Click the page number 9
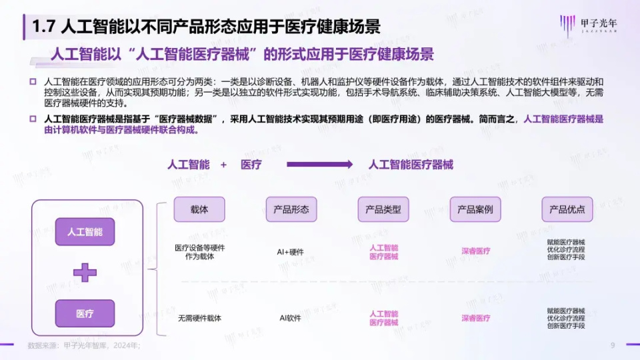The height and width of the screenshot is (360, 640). (x=613, y=345)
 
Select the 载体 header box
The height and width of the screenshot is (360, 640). (x=199, y=209)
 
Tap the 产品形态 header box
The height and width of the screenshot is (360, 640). (x=291, y=209)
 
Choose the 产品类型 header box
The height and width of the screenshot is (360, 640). (x=383, y=209)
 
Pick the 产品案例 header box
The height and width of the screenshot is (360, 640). (x=475, y=209)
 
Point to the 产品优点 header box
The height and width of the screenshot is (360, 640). (x=567, y=209)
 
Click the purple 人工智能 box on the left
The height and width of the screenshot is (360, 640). (x=85, y=232)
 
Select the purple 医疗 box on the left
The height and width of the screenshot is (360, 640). (x=85, y=313)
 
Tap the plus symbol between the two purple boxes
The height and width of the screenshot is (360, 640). (x=85, y=272)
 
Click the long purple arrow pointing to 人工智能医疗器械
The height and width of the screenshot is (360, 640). (x=319, y=165)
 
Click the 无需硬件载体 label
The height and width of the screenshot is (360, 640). (x=199, y=318)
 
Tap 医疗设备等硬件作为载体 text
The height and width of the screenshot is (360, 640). (x=199, y=252)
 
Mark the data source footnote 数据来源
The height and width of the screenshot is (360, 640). (x=83, y=345)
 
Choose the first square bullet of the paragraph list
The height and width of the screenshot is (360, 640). (x=33, y=81)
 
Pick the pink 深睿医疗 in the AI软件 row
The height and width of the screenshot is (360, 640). (x=475, y=318)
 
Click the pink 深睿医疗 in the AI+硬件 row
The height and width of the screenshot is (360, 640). (x=475, y=251)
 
